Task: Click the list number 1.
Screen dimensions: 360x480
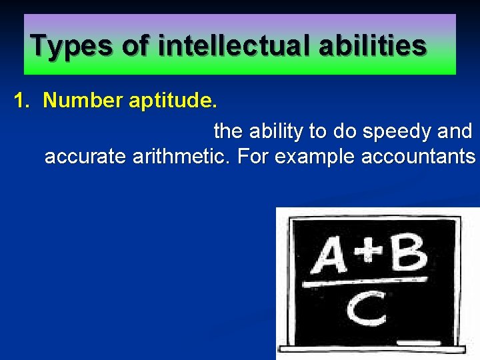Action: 22,101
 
